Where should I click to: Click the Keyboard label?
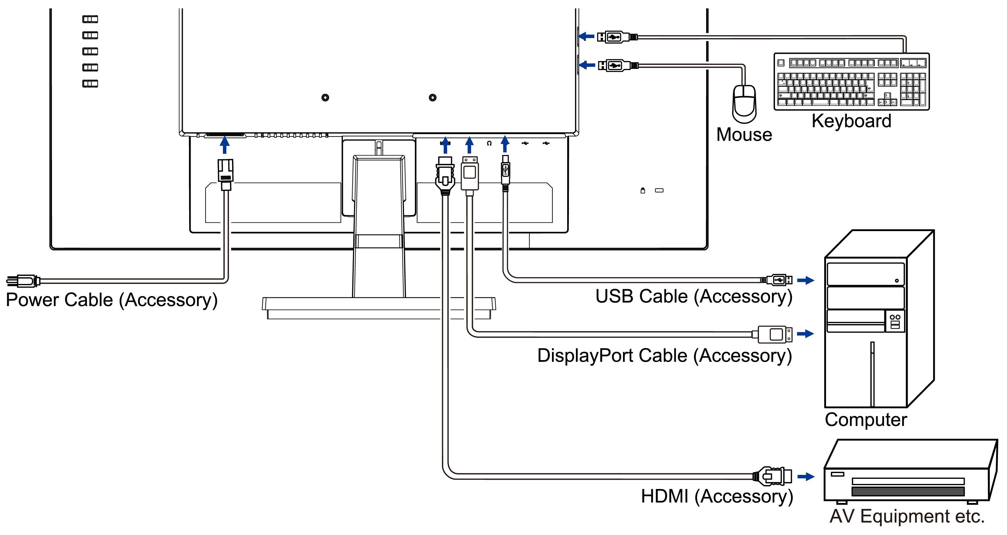coord(851,121)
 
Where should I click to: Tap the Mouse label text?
coord(744,135)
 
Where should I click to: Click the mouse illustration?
coord(744,104)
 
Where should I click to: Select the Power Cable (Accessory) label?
coord(111,300)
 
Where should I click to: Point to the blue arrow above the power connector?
coord(224,145)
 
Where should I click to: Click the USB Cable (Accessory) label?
coord(693,297)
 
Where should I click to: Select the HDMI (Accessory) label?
coord(717,496)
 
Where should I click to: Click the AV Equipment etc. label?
coord(906,516)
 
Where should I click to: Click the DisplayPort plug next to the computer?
coord(774,334)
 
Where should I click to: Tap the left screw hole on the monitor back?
coord(325,97)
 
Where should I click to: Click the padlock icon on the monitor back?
coord(642,190)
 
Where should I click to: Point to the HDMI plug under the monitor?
coord(445,176)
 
